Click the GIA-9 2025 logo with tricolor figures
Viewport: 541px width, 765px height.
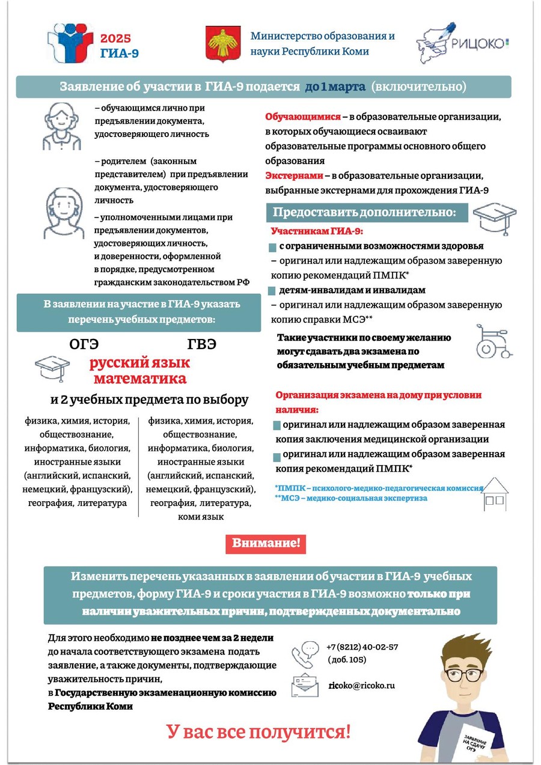click(x=71, y=43)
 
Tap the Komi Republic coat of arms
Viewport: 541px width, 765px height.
click(x=219, y=43)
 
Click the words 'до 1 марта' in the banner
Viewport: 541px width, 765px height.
click(x=335, y=87)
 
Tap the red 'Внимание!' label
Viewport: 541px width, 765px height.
click(x=266, y=544)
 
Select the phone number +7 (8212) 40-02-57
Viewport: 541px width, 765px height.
click(x=362, y=647)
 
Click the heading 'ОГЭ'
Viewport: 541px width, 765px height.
click(x=84, y=344)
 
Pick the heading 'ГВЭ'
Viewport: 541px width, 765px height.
click(x=201, y=344)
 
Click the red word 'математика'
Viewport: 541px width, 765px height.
click(x=139, y=379)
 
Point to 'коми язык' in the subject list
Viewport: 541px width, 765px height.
click(x=201, y=517)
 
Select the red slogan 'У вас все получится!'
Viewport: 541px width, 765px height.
click(x=258, y=732)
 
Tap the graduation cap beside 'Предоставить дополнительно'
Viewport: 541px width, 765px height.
click(x=494, y=215)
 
